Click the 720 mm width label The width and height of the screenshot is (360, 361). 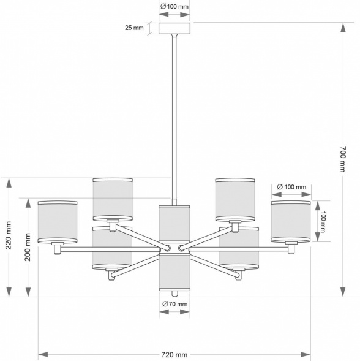click(x=174, y=354)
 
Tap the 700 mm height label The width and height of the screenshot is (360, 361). click(x=343, y=159)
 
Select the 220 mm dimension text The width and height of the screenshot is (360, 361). click(x=9, y=235)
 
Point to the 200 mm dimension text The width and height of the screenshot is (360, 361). click(x=28, y=247)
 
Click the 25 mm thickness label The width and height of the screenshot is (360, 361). click(x=134, y=28)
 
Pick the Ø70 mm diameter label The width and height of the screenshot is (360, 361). click(x=175, y=304)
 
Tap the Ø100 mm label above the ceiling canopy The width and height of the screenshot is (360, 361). click(x=174, y=6)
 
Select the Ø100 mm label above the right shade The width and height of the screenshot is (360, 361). click(x=291, y=187)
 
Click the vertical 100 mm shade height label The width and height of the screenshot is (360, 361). click(x=323, y=222)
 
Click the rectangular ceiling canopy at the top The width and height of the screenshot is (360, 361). click(x=174, y=28)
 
